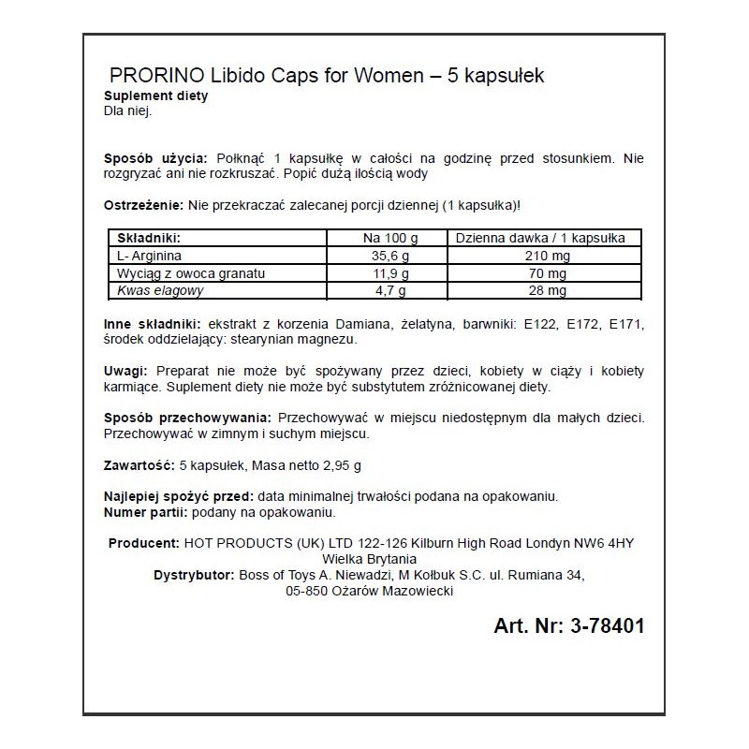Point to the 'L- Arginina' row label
tap(150, 256)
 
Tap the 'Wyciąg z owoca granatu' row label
tap(192, 273)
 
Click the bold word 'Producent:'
tap(144, 543)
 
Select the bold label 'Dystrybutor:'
tap(194, 574)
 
